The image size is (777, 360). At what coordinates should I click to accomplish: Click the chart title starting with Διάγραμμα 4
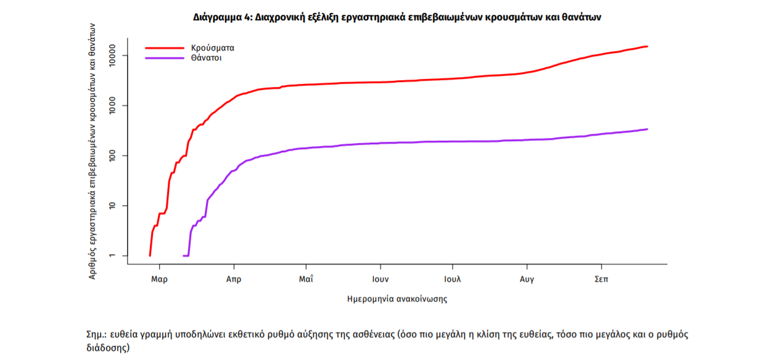point(397,17)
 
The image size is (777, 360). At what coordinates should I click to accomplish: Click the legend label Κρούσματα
point(213,47)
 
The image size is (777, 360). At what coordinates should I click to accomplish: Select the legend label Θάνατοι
point(207,58)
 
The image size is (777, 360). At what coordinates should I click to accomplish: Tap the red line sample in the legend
point(165,47)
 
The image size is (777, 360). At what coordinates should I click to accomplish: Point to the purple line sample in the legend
point(165,58)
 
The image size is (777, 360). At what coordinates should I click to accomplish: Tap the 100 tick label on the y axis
point(112,156)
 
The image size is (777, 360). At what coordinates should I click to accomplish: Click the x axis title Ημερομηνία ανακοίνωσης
point(397,300)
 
